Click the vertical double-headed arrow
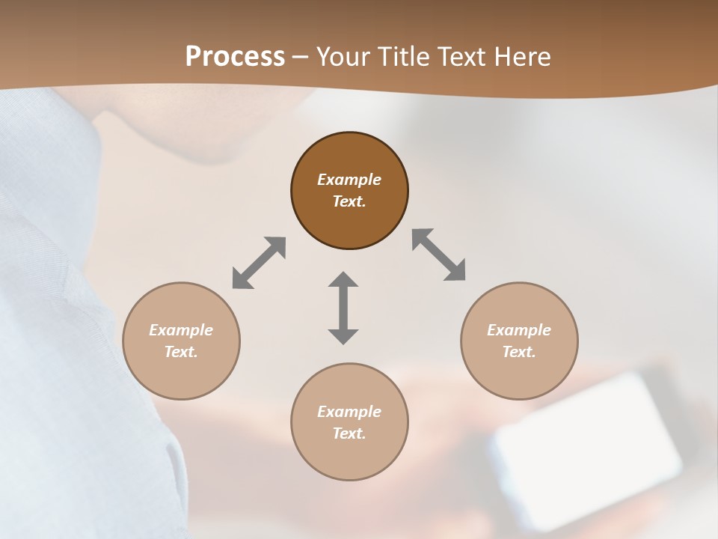pos(343,308)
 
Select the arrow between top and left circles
pos(259,263)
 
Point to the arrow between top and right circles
pos(438,255)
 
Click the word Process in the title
pos(235,56)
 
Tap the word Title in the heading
pos(404,56)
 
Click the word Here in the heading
pos(522,56)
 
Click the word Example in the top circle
pos(349,180)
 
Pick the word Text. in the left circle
pos(181,352)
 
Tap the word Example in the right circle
pos(519,330)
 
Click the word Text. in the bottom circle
pos(349,433)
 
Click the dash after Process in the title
pos(301,57)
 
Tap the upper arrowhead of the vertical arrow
pos(343,280)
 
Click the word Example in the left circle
pos(181,330)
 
